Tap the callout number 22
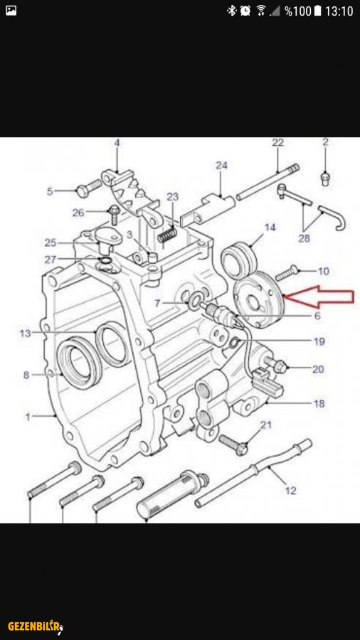277,143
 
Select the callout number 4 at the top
117,143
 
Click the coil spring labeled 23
167,235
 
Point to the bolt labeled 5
88,187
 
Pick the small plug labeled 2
325,178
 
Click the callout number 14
270,228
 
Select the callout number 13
26,334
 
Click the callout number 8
26,375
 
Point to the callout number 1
28,417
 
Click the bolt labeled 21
233,444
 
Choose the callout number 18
319,404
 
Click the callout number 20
318,369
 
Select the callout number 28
304,238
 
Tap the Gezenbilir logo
36,626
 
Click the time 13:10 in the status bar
339,11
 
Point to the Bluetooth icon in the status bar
232,11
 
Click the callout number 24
222,165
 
